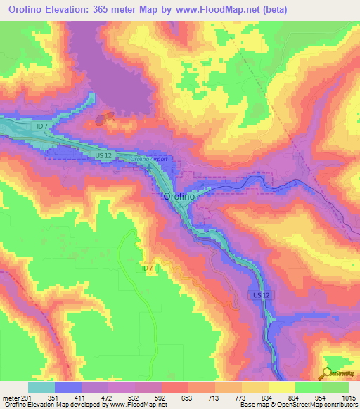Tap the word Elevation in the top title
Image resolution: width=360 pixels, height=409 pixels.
click(x=67, y=9)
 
